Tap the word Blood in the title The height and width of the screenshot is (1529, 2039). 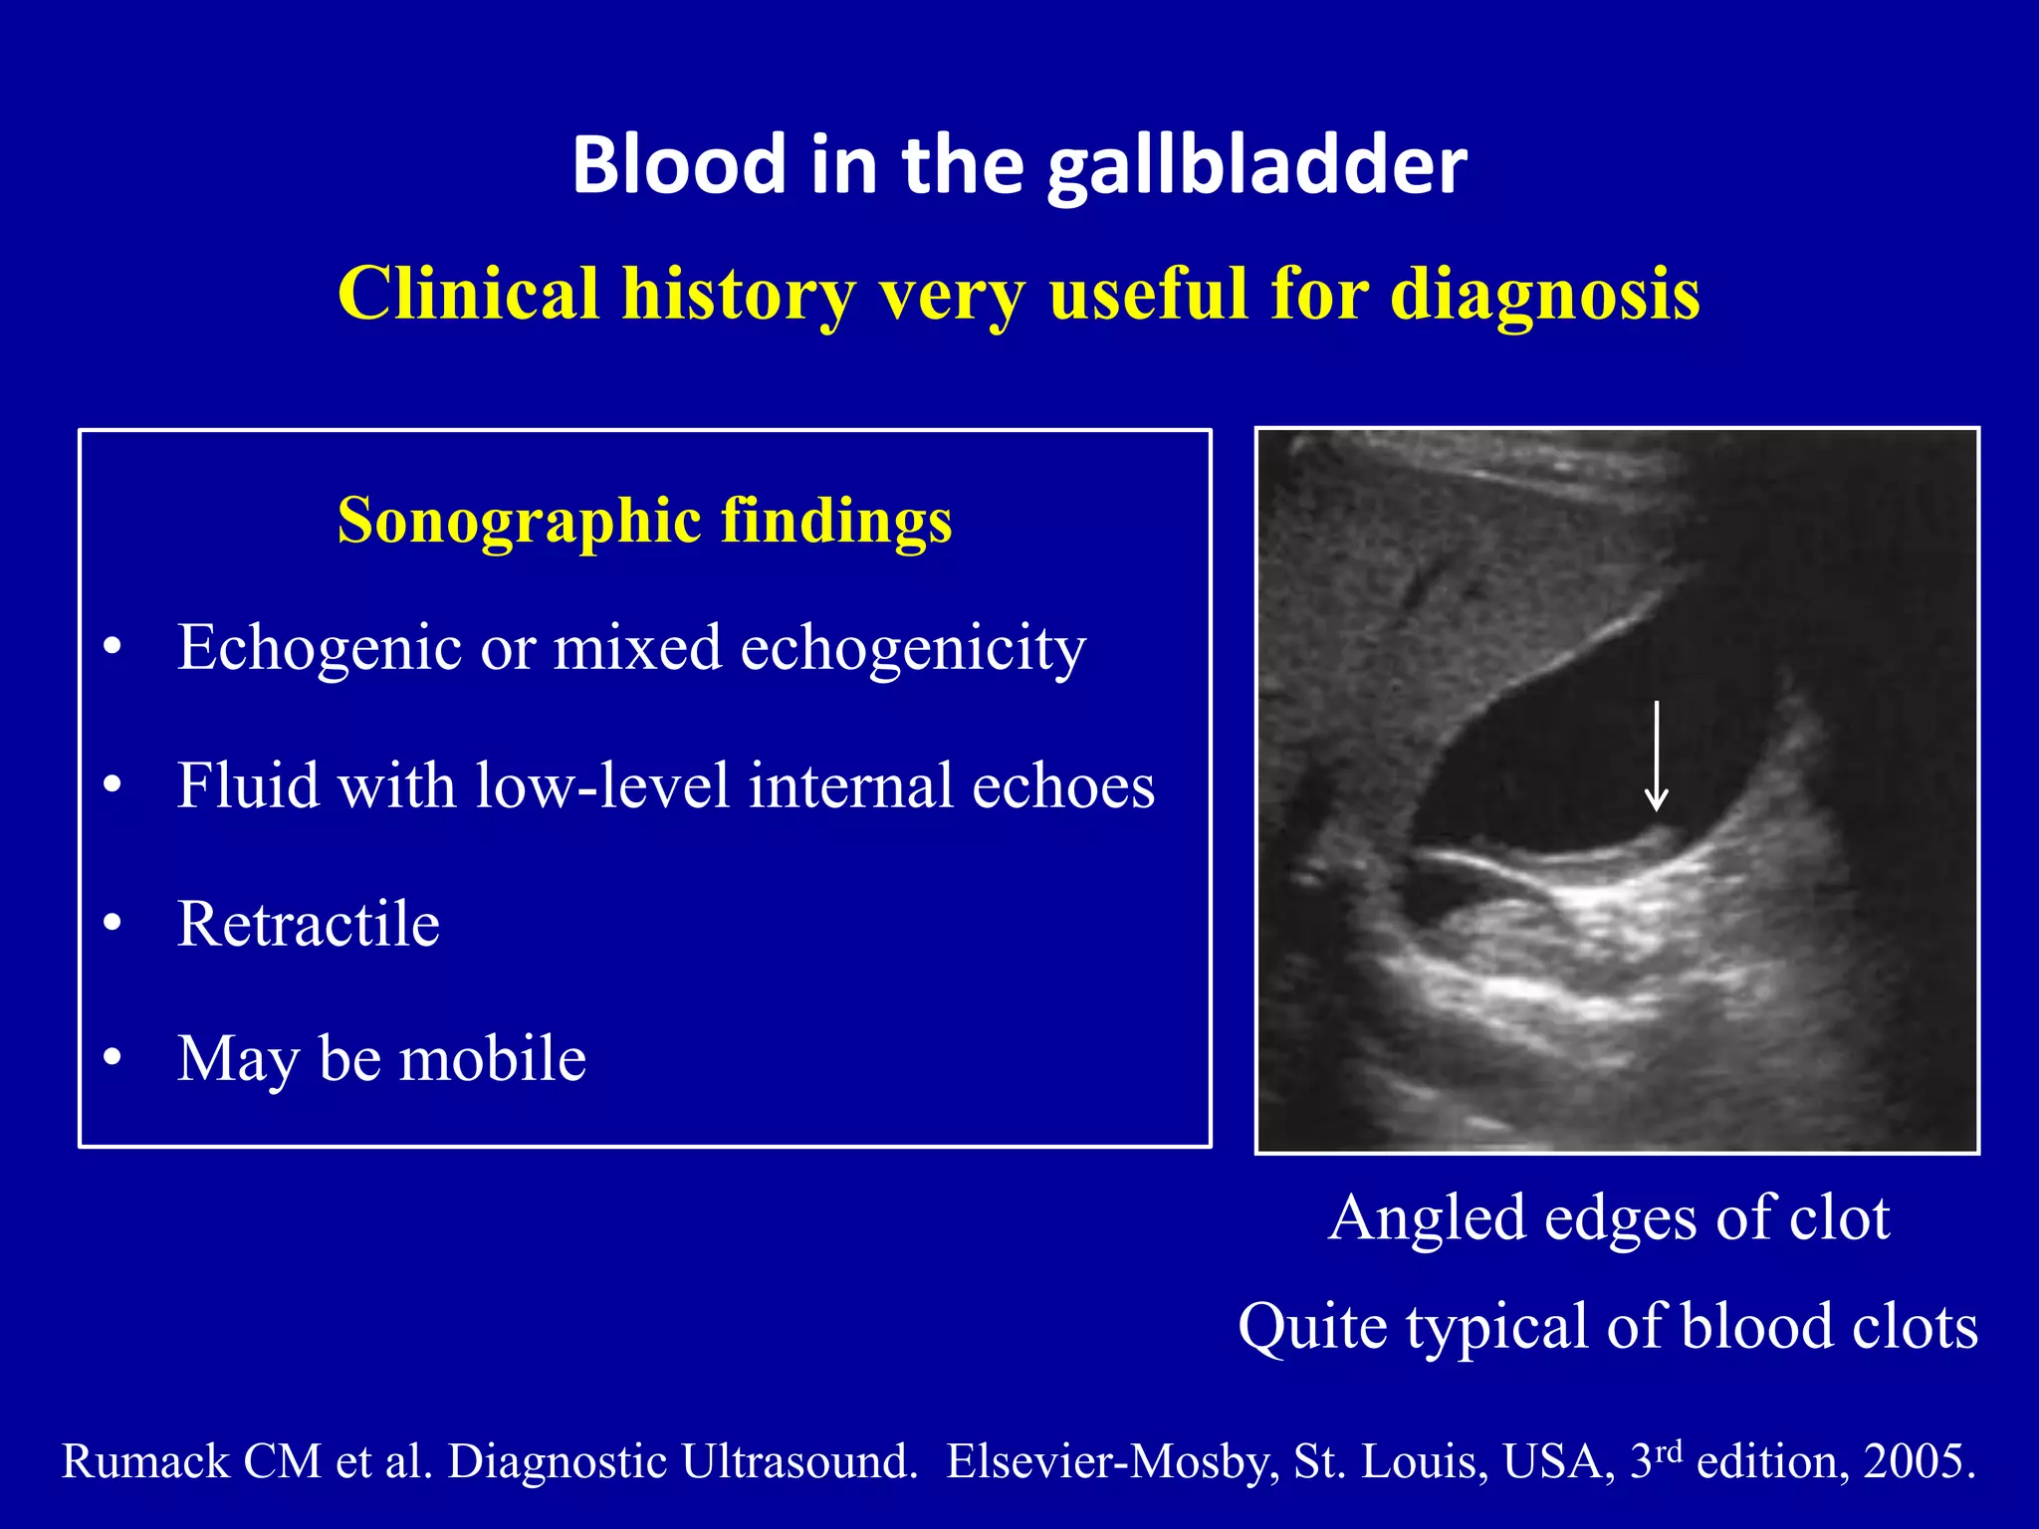679,165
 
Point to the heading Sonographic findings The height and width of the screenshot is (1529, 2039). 644,521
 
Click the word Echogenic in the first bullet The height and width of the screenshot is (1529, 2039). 319,648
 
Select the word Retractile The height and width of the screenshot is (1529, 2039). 308,924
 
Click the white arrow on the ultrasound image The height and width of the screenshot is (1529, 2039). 1656,757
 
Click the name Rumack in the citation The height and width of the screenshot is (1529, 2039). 146,1461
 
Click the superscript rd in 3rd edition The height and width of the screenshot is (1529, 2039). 1670,1450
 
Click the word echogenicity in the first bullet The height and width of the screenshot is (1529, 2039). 913,648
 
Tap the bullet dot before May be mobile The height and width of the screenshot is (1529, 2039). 113,1058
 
